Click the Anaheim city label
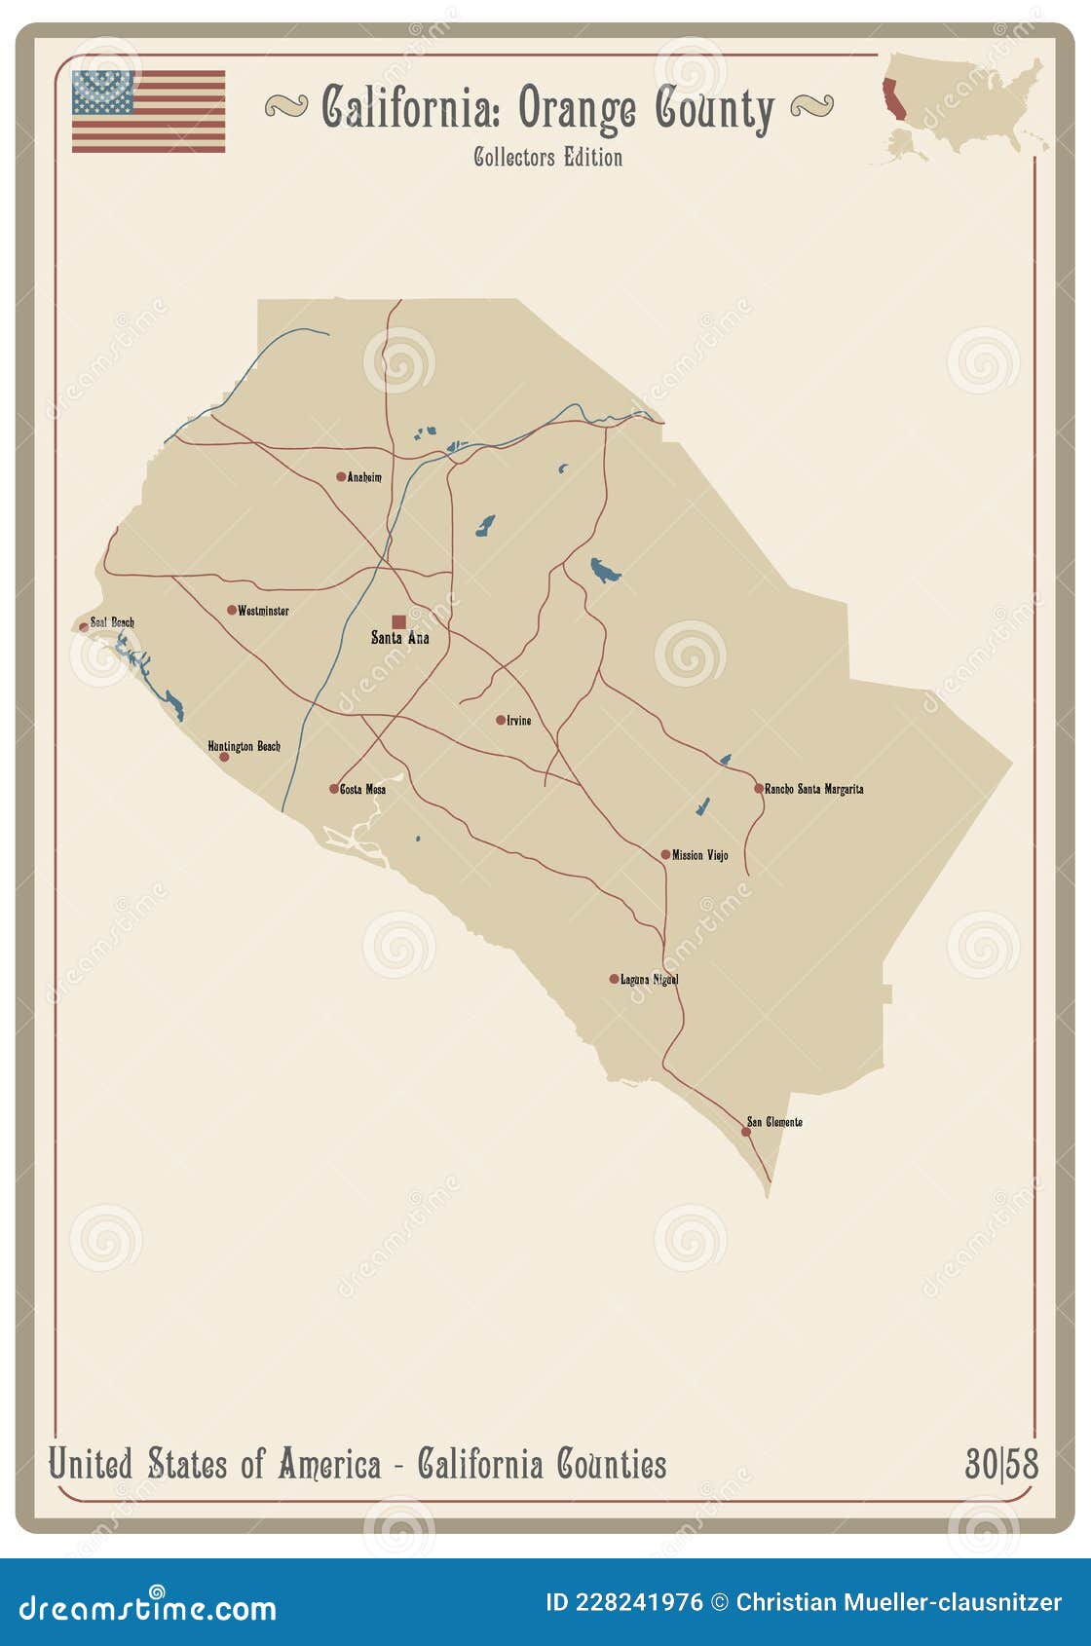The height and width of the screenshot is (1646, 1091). pyautogui.click(x=364, y=477)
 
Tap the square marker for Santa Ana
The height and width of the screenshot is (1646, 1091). pyautogui.click(x=398, y=621)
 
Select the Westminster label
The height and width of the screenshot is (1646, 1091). pyautogui.click(x=263, y=611)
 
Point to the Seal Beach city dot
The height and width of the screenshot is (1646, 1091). pyautogui.click(x=84, y=627)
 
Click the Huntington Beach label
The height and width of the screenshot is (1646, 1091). pyautogui.click(x=244, y=746)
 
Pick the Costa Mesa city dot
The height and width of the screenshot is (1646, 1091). pyautogui.click(x=333, y=789)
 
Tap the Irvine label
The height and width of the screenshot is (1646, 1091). pyautogui.click(x=519, y=721)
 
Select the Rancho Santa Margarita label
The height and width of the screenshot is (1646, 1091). pyautogui.click(x=813, y=789)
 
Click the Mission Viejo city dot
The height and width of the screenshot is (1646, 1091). pyautogui.click(x=665, y=855)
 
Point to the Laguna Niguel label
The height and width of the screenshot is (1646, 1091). pyautogui.click(x=649, y=979)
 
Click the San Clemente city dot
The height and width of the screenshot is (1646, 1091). pyautogui.click(x=746, y=1132)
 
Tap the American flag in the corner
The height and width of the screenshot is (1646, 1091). pyautogui.click(x=148, y=111)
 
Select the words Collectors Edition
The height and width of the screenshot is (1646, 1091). pyautogui.click(x=547, y=157)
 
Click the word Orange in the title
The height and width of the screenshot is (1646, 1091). pyautogui.click(x=578, y=109)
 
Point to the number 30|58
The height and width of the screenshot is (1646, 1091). pyautogui.click(x=1001, y=1464)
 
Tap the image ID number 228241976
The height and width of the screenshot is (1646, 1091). pyautogui.click(x=638, y=1602)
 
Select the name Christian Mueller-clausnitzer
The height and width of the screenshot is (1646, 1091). pyautogui.click(x=898, y=1602)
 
